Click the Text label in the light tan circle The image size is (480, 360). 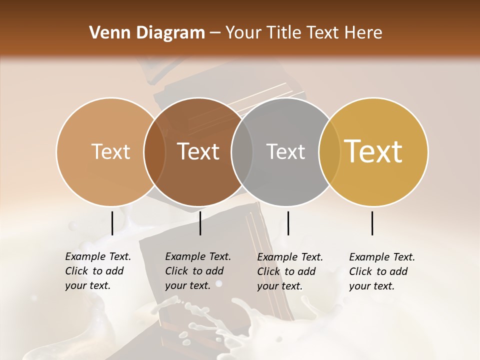[x=111, y=151]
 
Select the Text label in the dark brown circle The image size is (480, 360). [x=198, y=151]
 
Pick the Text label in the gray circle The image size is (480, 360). [x=286, y=151]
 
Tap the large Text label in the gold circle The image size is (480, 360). [x=373, y=151]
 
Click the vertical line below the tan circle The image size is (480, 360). [x=112, y=223]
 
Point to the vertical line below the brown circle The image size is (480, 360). [x=200, y=223]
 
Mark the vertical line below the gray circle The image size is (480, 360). [x=288, y=223]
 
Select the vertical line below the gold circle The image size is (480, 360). [x=372, y=223]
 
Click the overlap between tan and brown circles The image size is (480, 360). [x=155, y=151]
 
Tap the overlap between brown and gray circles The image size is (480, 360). [x=242, y=151]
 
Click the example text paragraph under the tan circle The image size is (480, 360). [x=97, y=271]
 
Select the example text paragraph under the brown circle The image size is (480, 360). [x=197, y=271]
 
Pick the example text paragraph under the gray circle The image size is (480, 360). [x=289, y=271]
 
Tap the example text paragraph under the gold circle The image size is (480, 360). [x=381, y=271]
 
